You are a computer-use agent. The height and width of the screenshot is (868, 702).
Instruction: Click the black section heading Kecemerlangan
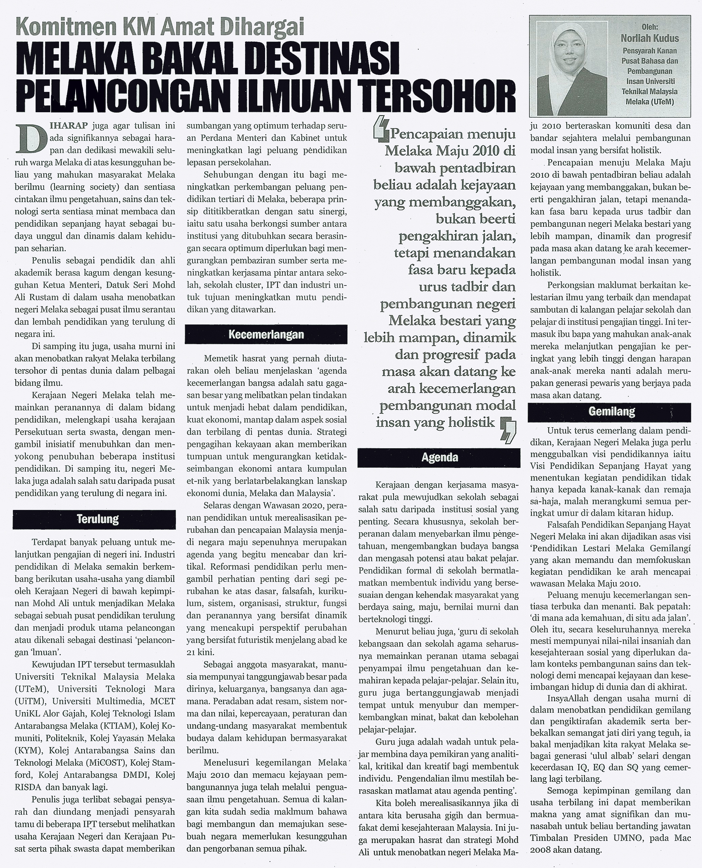point(266,335)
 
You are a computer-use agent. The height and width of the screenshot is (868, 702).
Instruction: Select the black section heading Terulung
point(98,519)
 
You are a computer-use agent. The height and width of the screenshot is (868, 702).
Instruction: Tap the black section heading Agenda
point(440,457)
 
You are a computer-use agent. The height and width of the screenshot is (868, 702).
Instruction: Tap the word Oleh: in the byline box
point(650,27)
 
